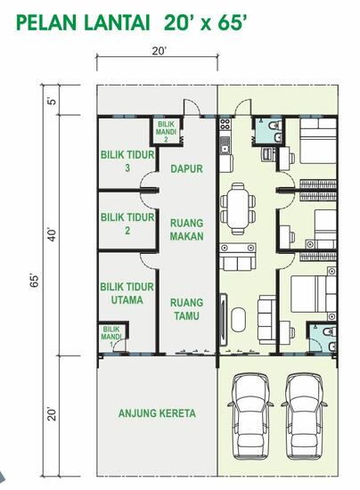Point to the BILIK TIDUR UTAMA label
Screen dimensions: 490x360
(x=124, y=293)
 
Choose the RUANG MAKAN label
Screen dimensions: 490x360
(x=187, y=230)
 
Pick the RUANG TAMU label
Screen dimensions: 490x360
(x=187, y=308)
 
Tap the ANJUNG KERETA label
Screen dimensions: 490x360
(x=157, y=413)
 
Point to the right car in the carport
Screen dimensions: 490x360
(x=305, y=415)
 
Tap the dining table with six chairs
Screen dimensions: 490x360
(x=238, y=208)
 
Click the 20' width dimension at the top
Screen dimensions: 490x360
(x=159, y=52)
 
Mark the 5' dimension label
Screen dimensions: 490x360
(x=52, y=100)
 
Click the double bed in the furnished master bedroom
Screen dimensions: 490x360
(x=312, y=298)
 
